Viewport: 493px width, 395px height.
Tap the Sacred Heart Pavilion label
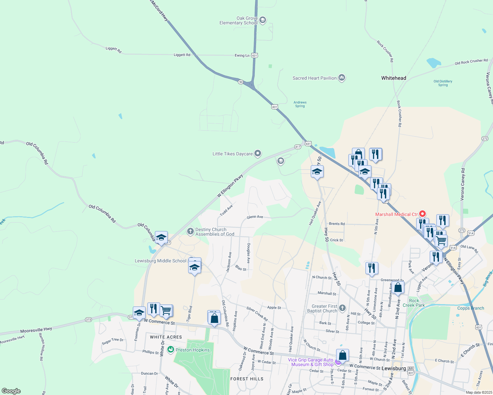point(314,78)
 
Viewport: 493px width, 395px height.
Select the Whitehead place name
point(393,78)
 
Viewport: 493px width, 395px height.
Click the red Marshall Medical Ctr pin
point(422,214)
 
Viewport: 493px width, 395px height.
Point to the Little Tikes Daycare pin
point(258,153)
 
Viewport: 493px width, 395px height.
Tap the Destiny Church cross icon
point(190,231)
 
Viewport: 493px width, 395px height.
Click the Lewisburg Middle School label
point(160,261)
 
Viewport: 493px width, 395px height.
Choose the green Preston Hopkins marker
point(171,350)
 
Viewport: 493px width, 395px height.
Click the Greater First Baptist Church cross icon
point(342,308)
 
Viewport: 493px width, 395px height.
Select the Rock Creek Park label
point(414,303)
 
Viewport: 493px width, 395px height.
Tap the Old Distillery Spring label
point(443,83)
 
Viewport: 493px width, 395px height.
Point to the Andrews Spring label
point(300,104)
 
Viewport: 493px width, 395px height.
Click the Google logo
point(11,391)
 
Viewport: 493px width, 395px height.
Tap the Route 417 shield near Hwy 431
point(298,147)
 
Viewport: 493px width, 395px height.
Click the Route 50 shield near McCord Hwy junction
point(241,82)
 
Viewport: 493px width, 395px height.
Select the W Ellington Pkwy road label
point(230,186)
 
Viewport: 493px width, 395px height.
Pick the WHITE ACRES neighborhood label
point(166,337)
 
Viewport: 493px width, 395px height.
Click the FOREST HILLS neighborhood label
point(247,379)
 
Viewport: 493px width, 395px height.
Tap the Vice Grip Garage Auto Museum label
point(311,362)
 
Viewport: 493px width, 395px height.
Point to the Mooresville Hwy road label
point(36,330)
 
